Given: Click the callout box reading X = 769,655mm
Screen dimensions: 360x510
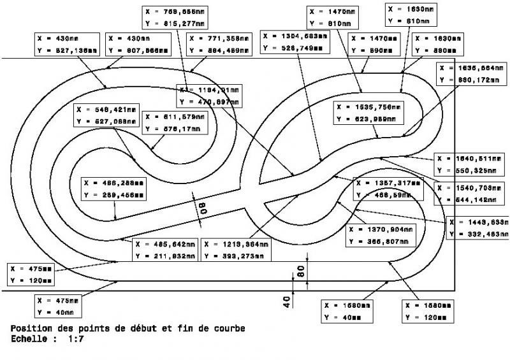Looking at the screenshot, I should click(x=175, y=17).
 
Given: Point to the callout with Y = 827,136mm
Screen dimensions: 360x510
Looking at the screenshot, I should click(x=67, y=45).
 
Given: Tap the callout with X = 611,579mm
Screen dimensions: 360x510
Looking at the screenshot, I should click(x=173, y=123).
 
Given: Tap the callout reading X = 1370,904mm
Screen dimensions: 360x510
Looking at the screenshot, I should click(x=381, y=235).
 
